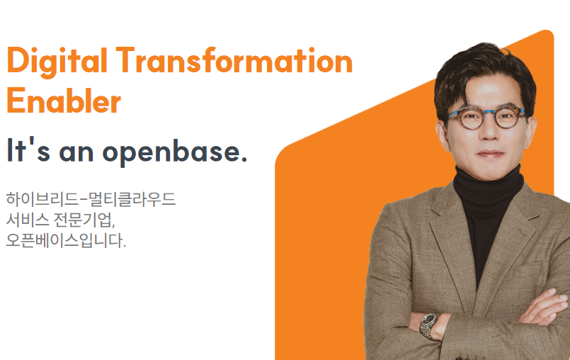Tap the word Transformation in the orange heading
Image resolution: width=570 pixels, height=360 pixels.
(x=234, y=60)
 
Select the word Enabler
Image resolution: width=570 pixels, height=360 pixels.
(x=64, y=101)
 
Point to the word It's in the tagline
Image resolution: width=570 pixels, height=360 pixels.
(x=28, y=150)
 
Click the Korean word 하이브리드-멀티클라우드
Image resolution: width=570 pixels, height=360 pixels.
(x=91, y=199)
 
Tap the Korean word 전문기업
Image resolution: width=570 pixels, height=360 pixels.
(x=84, y=220)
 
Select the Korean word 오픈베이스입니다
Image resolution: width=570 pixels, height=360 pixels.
(x=66, y=240)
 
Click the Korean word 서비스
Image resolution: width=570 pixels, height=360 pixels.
(x=28, y=220)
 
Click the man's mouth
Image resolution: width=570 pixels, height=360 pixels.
(x=491, y=154)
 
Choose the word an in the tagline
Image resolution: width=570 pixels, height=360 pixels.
(x=76, y=152)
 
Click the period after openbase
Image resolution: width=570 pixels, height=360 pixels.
(x=244, y=158)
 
